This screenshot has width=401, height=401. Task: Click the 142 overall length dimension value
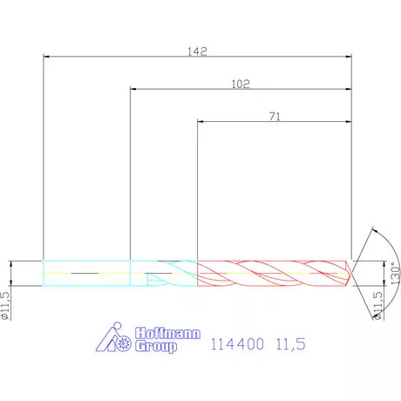pos(197,51)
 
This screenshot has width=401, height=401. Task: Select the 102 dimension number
pos(241,84)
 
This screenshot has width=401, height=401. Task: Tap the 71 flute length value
pos(275,117)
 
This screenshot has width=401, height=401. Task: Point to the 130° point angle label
pos(395,274)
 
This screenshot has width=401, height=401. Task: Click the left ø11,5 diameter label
pos(5,305)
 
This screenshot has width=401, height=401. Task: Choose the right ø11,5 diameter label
pos(377,305)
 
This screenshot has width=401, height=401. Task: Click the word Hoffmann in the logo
pos(167,333)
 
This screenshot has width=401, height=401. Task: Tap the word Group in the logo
pos(156,346)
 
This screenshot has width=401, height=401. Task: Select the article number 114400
pos(237,344)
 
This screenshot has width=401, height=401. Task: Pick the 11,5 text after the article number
pos(290,344)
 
